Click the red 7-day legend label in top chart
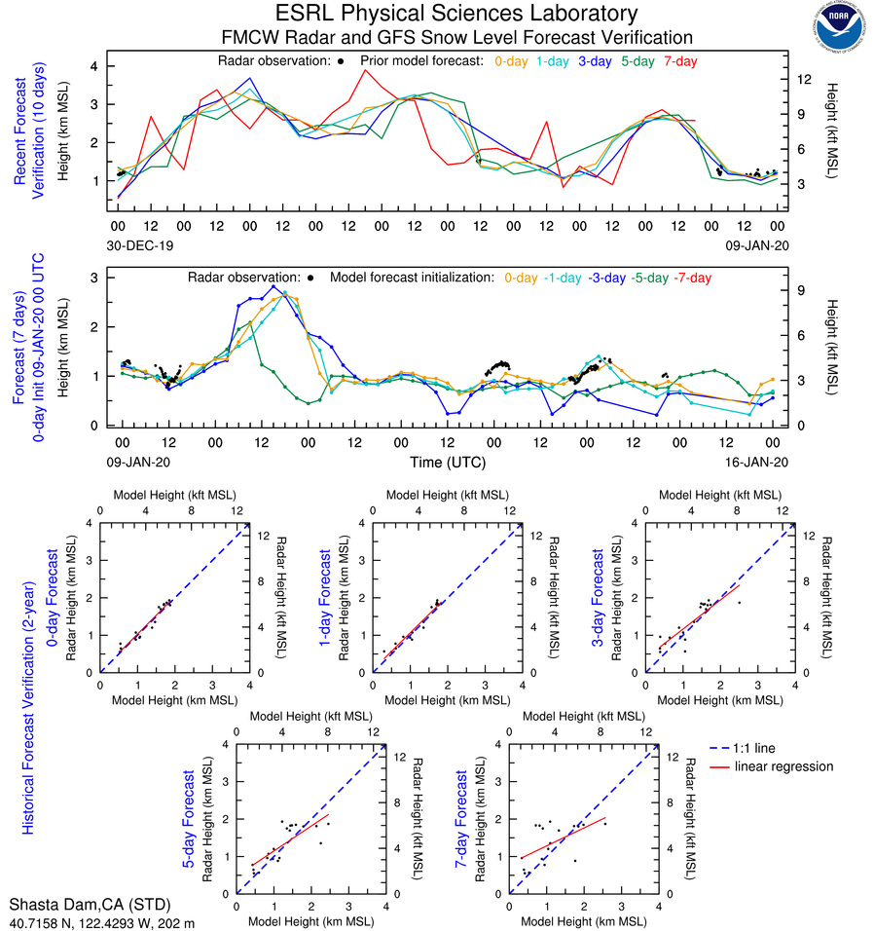680,61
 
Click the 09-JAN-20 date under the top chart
757,246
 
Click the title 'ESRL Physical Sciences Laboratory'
456,14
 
